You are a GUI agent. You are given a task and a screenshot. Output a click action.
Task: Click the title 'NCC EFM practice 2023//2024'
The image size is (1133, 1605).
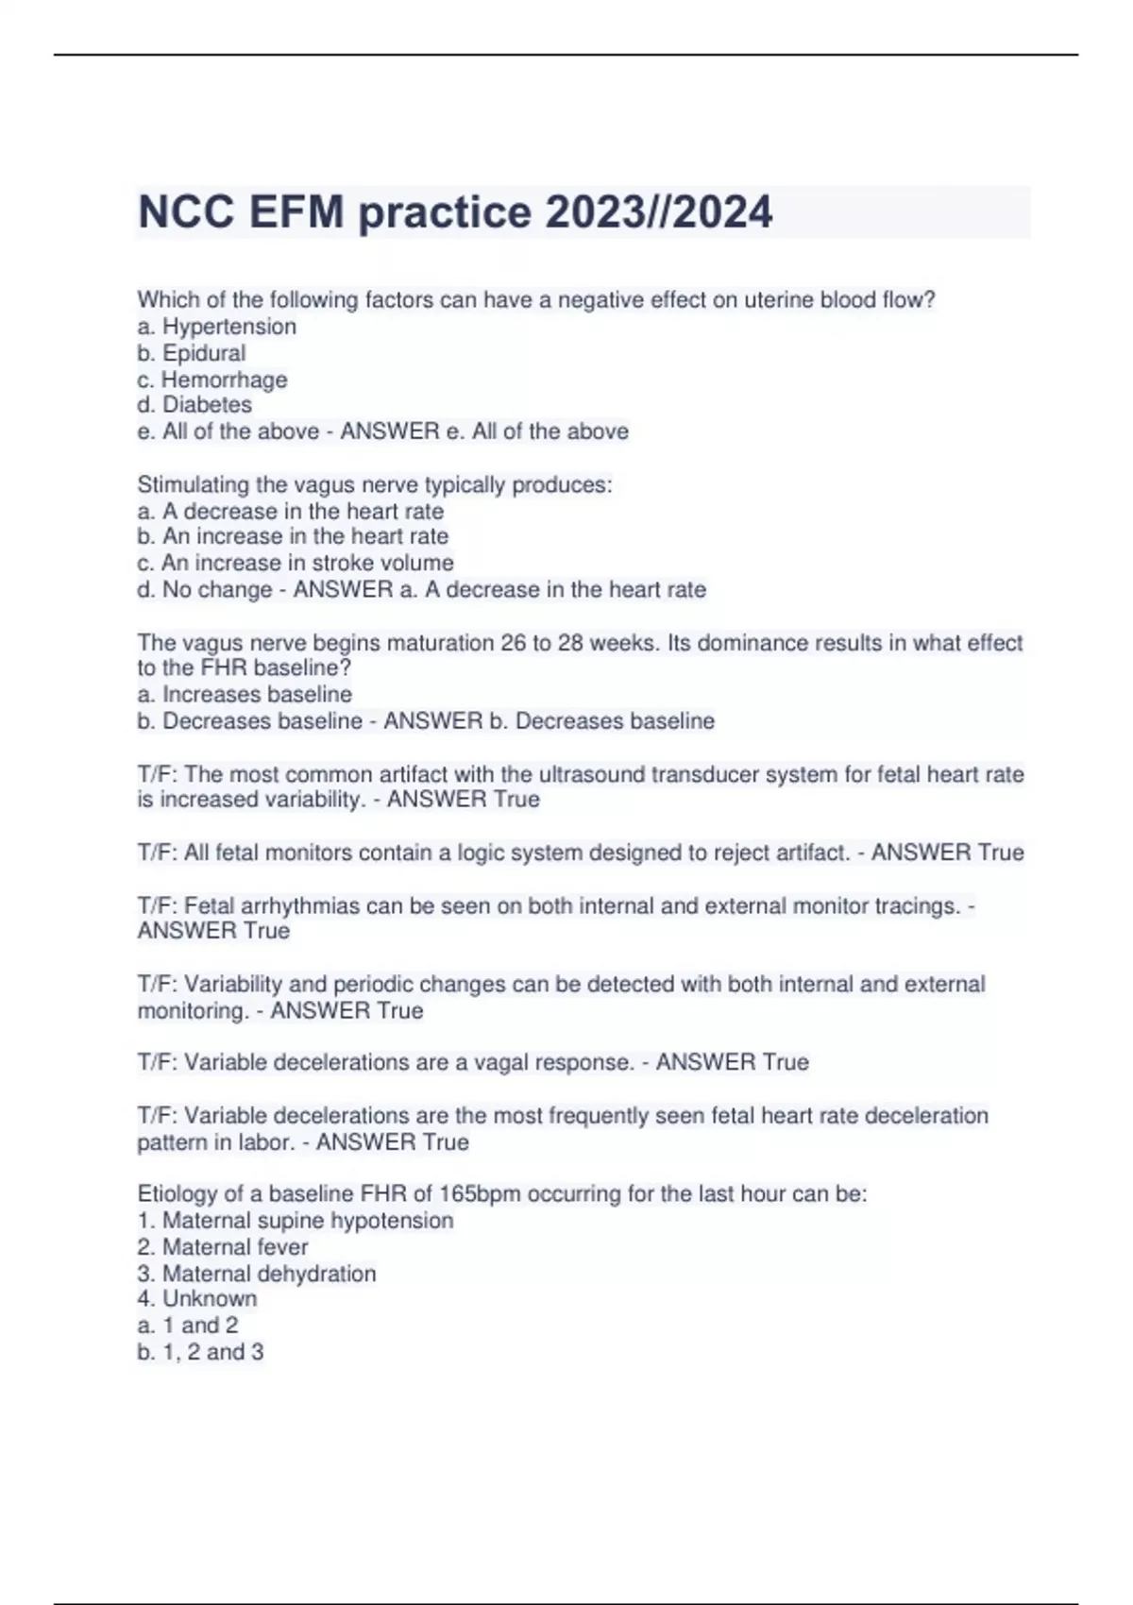[455, 211]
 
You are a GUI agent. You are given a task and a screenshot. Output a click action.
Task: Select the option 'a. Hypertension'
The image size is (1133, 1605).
[216, 327]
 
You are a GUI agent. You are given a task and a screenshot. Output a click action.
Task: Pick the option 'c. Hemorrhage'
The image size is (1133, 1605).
[211, 380]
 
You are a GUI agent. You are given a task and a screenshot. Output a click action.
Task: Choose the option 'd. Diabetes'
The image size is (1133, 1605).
[194, 405]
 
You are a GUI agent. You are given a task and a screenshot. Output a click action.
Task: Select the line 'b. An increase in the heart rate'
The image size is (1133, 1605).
[293, 536]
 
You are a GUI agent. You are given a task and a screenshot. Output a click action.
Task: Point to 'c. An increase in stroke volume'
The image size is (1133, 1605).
[296, 563]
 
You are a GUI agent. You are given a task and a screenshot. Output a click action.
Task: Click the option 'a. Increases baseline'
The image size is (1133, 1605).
[245, 695]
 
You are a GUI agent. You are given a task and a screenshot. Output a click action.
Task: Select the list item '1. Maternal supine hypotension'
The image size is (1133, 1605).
[296, 1221]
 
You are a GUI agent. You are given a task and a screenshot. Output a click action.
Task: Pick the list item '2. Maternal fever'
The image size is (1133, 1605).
[223, 1247]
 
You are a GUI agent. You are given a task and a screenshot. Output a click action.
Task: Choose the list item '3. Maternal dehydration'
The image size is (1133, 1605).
[257, 1274]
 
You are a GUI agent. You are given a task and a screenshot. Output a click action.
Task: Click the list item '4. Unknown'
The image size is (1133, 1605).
[197, 1299]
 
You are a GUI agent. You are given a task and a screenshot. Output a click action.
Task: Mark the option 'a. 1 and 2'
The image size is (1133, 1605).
[188, 1326]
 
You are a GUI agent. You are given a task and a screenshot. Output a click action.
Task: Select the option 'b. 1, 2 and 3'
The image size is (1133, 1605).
[200, 1352]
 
